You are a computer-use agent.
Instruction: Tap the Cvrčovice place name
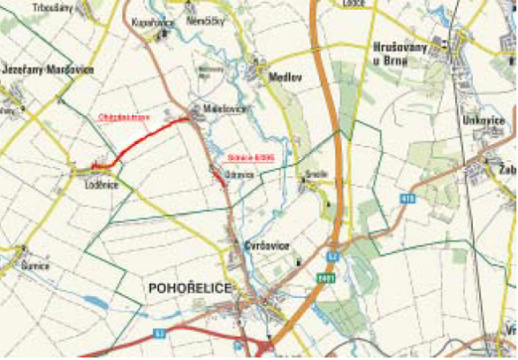[264, 245]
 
